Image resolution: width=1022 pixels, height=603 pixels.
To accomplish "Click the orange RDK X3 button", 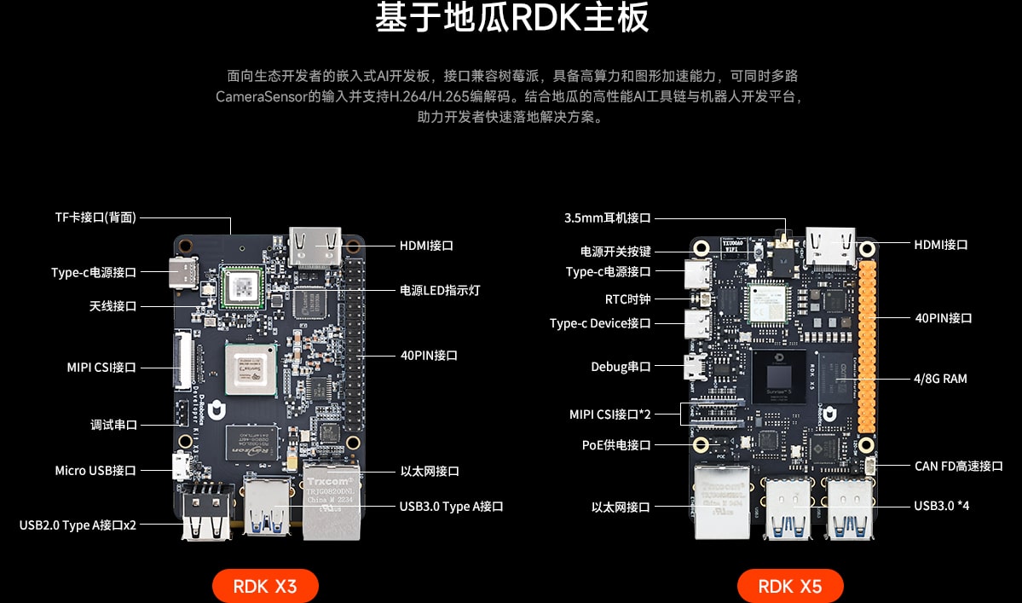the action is [x=265, y=586].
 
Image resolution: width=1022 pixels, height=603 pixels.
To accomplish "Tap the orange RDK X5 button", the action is [x=790, y=586].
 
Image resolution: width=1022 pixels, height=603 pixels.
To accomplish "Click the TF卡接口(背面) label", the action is [x=95, y=217].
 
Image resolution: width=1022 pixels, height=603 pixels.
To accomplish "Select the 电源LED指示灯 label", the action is [x=440, y=290].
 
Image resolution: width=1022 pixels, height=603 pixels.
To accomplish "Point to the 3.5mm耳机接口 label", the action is [x=608, y=217].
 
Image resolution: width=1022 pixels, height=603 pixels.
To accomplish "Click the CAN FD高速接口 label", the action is [x=958, y=466].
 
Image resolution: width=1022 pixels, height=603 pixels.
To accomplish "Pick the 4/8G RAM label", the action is [x=940, y=379].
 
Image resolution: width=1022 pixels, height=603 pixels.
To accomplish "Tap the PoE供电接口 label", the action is [x=616, y=445].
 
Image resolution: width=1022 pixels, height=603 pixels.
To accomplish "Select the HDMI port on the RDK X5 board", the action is [x=831, y=246].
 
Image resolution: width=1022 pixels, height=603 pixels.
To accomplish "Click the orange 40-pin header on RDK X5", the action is [x=867, y=347].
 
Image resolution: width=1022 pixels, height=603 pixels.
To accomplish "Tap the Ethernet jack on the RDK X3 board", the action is [x=331, y=500].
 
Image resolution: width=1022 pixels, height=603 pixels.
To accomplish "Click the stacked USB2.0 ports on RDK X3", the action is [x=207, y=512].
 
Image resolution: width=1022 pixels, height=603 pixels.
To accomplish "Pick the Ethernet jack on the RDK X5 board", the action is [x=722, y=502].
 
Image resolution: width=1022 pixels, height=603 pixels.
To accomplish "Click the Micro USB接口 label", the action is [x=95, y=471].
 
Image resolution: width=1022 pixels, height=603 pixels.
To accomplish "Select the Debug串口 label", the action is [x=621, y=367].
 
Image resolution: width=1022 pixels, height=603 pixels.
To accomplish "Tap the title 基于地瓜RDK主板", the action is [x=511, y=17].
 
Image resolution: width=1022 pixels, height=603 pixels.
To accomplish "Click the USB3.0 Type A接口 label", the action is [x=451, y=507].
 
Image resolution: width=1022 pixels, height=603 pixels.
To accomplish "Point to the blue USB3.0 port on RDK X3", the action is [x=268, y=505].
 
